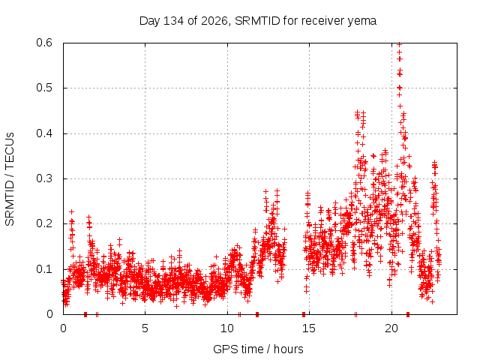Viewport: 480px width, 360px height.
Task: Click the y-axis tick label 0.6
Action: (x=44, y=43)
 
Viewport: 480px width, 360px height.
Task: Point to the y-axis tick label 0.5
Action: (x=44, y=88)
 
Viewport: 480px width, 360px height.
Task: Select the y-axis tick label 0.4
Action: (x=44, y=133)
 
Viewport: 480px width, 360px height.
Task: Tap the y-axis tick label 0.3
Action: (x=44, y=178)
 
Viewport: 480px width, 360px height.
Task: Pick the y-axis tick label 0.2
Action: (x=44, y=223)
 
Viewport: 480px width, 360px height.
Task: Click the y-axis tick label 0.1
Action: (x=44, y=269)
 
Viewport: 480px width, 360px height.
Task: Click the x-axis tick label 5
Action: (x=145, y=328)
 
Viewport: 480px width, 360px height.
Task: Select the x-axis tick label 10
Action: (x=227, y=328)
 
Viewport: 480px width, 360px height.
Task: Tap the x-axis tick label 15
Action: (x=309, y=328)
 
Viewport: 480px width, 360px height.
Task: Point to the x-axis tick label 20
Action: (x=391, y=328)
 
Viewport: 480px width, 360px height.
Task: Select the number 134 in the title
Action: (x=173, y=21)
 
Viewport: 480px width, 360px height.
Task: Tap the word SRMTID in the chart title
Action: (x=257, y=21)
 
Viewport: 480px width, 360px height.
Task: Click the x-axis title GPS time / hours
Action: (x=258, y=349)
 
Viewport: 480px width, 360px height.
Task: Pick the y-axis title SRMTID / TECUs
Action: (x=10, y=179)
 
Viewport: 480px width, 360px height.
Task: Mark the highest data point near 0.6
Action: (x=399, y=45)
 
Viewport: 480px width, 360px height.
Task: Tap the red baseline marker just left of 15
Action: (x=304, y=314)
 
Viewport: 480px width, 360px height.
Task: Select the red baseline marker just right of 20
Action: (x=408, y=314)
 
